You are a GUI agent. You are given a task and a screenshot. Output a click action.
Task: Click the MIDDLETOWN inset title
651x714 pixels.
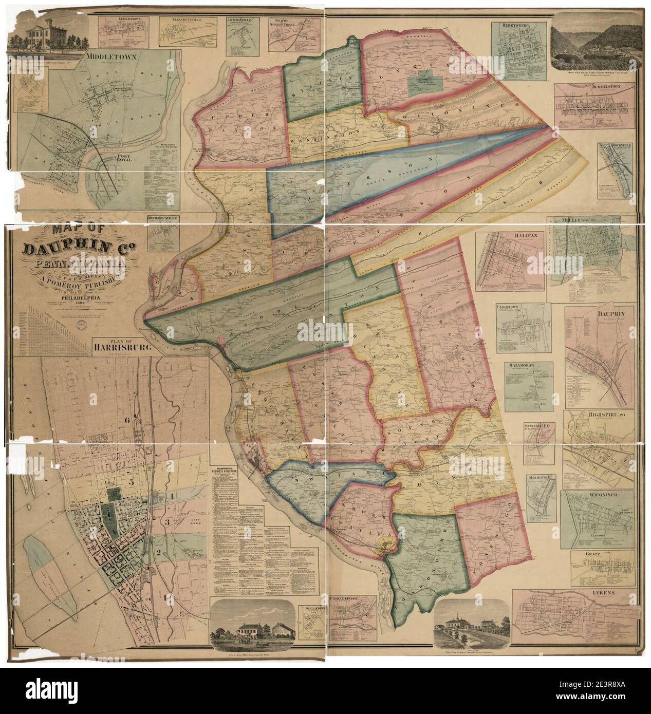coord(110,57)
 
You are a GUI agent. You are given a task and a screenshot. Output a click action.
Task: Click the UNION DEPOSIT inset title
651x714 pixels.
coord(351,598)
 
